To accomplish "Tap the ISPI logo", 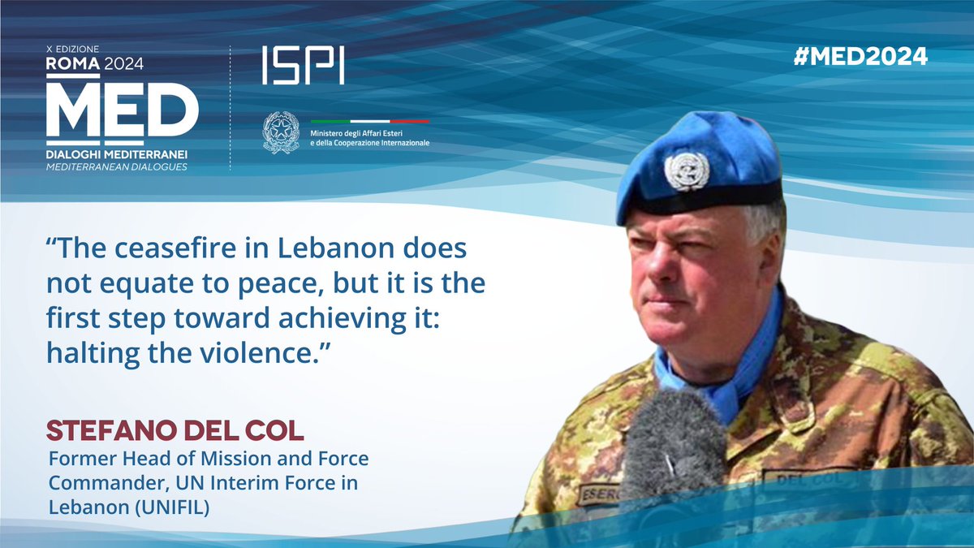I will tap(303, 66).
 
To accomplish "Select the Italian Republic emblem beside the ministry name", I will tap(281, 132).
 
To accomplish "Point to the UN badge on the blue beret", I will tap(686, 170).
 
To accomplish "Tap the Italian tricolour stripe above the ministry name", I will tap(370, 120).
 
